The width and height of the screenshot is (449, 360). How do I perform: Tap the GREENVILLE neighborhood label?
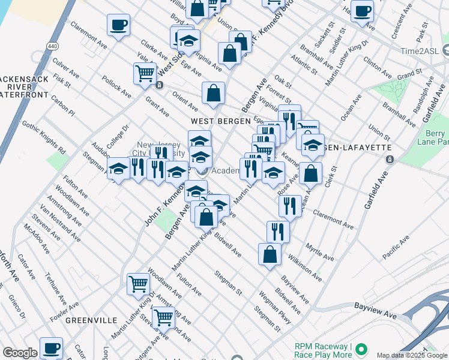point(91,320)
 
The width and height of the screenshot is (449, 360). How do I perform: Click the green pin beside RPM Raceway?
point(361,349)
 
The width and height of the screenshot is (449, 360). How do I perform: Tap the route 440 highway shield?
point(52,46)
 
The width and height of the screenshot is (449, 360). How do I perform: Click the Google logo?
point(20,353)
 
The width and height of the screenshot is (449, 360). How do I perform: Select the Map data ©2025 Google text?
point(412,355)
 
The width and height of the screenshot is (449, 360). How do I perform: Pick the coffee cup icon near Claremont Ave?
point(118,26)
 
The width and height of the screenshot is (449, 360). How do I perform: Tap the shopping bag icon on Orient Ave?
point(213,94)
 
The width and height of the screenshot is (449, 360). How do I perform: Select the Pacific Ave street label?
point(395,246)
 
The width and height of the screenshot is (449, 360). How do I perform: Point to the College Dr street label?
point(118,137)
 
